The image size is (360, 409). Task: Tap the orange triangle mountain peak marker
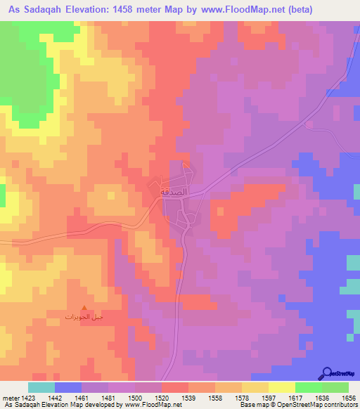coord(85,307)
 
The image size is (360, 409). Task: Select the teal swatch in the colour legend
coord(41,387)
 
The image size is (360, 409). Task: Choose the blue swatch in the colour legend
coord(68,387)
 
